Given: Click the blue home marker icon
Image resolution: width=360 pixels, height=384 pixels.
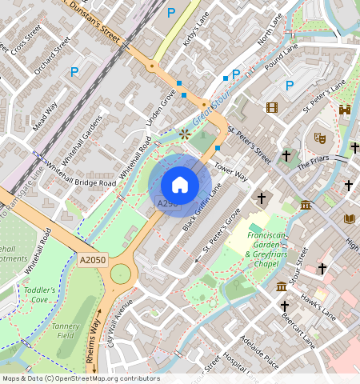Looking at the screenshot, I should tap(180, 185).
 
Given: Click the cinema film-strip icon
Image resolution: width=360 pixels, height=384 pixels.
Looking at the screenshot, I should tap(273, 107).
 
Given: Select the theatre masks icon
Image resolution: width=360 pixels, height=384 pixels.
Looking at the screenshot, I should tap(319, 138).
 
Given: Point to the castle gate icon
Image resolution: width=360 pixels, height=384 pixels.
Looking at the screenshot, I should tap(345, 110).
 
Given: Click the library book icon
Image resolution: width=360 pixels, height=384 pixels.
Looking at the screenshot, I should tap(348, 218).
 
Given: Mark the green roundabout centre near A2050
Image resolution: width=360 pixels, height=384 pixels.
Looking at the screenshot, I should tap(121, 274).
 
